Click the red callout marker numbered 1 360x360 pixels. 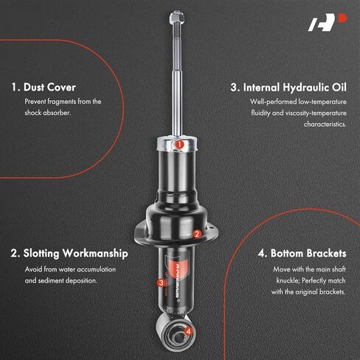pyautogui.click(x=180, y=145)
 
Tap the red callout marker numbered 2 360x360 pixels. pyautogui.click(x=197, y=234)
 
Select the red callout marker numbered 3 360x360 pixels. pyautogui.click(x=162, y=283)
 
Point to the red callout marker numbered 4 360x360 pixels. pyautogui.click(x=188, y=331)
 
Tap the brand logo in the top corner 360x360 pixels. pyautogui.click(x=328, y=22)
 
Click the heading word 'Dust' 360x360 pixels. pyautogui.click(x=34, y=87)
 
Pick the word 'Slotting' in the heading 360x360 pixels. pyautogui.click(x=41, y=254)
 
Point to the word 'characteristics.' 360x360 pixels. pyautogui.click(x=325, y=124)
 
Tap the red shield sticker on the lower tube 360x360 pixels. pyautogui.click(x=176, y=269)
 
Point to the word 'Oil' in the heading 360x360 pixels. pyautogui.click(x=339, y=88)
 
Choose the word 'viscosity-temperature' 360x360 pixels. pyautogui.click(x=316, y=113)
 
